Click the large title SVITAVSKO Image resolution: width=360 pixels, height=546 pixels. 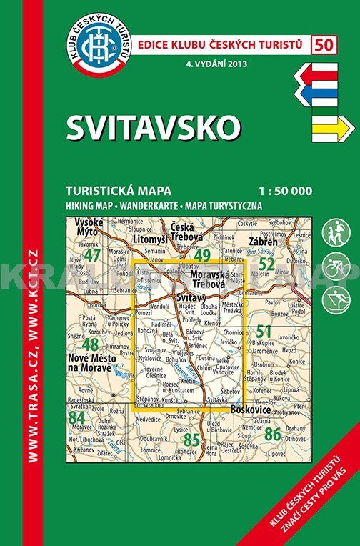pyautogui.click(x=154, y=127)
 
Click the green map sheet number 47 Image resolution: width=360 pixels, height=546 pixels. pyautogui.click(x=92, y=254)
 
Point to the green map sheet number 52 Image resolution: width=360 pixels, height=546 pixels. pyautogui.click(x=266, y=264)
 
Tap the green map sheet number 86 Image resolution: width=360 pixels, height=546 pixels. pyautogui.click(x=272, y=432)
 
